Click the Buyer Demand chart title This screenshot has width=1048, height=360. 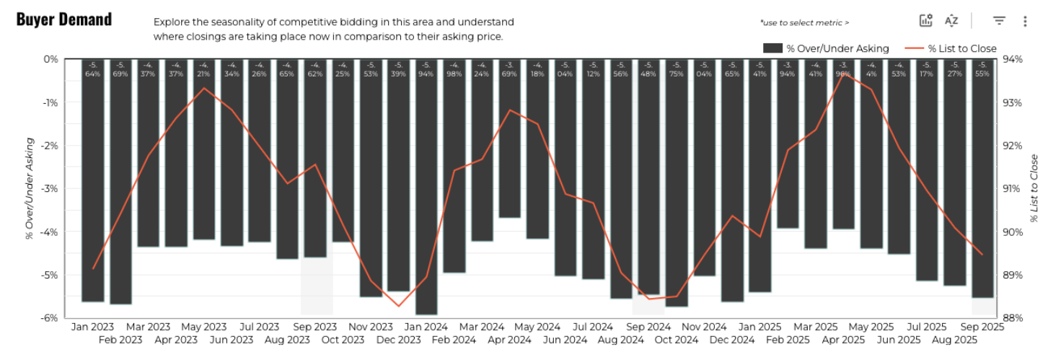(64, 19)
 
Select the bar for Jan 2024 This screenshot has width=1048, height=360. (426, 188)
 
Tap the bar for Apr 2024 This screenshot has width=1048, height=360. (509, 137)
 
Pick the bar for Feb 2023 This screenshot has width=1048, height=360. (120, 180)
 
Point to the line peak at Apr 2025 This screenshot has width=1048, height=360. (843, 74)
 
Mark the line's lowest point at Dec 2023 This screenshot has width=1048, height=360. (398, 306)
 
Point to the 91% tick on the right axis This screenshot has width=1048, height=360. (1012, 189)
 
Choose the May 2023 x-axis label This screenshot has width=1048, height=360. (203, 327)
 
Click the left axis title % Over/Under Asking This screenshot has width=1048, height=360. (30, 188)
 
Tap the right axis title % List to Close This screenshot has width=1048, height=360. (1034, 188)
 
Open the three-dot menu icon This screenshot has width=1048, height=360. (1025, 21)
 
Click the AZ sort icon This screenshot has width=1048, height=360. (951, 21)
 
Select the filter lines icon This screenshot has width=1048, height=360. (999, 21)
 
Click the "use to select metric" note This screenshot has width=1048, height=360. (804, 23)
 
